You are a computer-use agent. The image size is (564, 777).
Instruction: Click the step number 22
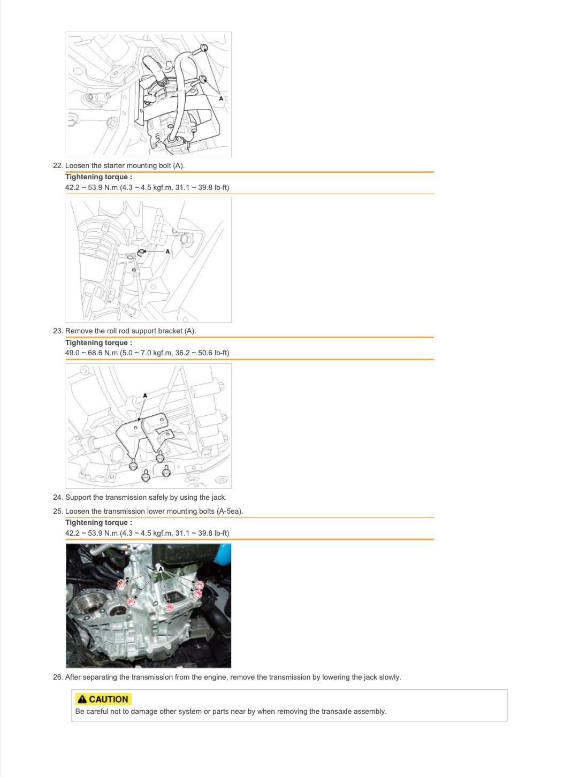click(x=58, y=165)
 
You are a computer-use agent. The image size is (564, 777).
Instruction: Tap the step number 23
click(x=58, y=331)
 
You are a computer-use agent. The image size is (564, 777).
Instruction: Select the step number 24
click(x=58, y=498)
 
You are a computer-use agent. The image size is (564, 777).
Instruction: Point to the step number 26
click(x=58, y=677)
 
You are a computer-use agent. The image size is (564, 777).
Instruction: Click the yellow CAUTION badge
click(x=103, y=699)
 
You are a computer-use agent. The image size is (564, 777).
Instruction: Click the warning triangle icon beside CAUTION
click(x=82, y=699)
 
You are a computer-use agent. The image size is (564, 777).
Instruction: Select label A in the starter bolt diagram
click(x=167, y=251)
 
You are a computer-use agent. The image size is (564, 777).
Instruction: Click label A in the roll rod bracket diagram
click(x=145, y=395)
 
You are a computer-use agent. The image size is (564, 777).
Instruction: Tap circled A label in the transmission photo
click(x=160, y=569)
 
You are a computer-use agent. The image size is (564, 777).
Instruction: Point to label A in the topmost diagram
click(x=221, y=98)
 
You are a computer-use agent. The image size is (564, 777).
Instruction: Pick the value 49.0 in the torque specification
click(x=72, y=353)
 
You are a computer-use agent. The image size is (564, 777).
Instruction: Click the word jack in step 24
click(x=218, y=498)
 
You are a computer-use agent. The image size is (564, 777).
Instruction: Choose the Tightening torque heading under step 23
click(x=98, y=342)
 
